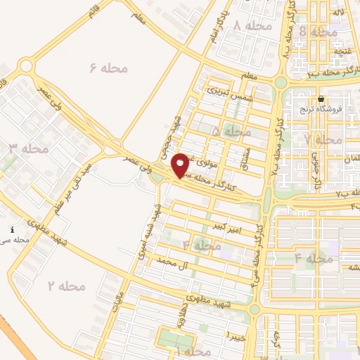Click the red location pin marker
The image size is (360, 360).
181,165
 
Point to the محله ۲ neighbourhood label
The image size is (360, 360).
66,285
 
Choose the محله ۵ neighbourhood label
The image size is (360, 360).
231,131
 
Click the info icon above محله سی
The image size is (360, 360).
13,230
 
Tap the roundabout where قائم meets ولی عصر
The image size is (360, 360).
26,66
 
